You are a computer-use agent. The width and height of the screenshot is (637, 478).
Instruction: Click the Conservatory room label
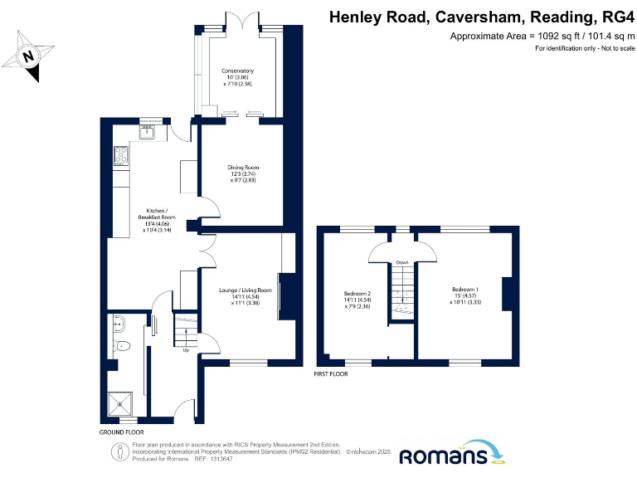(x=237, y=77)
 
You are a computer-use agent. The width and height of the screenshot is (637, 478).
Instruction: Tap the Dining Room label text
(x=244, y=173)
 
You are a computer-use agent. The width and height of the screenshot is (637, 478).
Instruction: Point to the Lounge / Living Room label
(x=246, y=296)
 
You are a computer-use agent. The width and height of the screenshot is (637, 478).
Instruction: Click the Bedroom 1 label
(x=465, y=295)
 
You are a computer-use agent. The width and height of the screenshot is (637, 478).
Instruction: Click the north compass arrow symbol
(x=29, y=56)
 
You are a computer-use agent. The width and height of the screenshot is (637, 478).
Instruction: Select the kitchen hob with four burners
(x=119, y=154)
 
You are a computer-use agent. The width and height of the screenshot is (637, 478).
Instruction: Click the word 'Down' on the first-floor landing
(x=402, y=262)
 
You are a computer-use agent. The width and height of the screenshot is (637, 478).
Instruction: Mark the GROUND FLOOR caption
(x=121, y=432)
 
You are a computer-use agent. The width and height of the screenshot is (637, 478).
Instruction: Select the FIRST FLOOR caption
(x=331, y=374)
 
